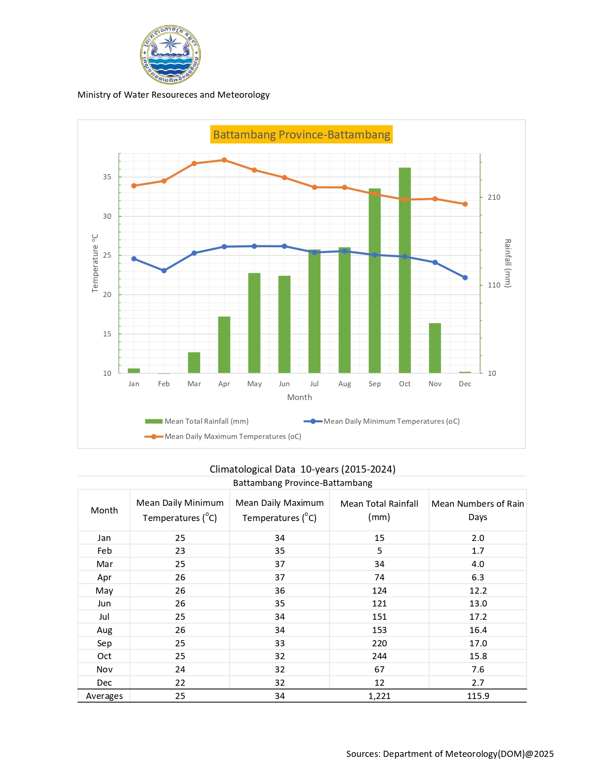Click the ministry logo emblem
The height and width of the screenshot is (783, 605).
[170, 55]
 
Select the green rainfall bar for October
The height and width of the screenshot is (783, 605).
[405, 270]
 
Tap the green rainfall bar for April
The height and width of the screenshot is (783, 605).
[224, 345]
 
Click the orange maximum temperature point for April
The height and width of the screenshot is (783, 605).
[224, 160]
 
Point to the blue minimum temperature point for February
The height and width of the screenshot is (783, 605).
[164, 270]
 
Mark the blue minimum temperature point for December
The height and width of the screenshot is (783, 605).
[465, 278]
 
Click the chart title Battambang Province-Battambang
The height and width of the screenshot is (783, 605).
[301, 135]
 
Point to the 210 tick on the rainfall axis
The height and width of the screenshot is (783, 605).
[494, 197]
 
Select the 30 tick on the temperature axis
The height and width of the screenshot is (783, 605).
[107, 216]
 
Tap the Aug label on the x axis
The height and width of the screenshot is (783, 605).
[344, 384]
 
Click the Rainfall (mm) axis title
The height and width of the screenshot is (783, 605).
[508, 263]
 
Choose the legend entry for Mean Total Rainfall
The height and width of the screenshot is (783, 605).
[197, 421]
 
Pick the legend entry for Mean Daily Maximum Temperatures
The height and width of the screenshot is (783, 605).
[223, 437]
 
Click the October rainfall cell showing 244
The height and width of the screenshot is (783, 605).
[379, 656]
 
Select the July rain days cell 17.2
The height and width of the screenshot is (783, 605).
[478, 617]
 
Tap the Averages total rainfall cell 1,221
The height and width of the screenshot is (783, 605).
[379, 696]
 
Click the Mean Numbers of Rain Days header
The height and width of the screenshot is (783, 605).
[478, 510]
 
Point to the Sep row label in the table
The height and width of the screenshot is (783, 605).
[104, 643]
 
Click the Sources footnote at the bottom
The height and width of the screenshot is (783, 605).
[450, 754]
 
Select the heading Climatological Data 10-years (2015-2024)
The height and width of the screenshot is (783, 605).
[302, 469]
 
